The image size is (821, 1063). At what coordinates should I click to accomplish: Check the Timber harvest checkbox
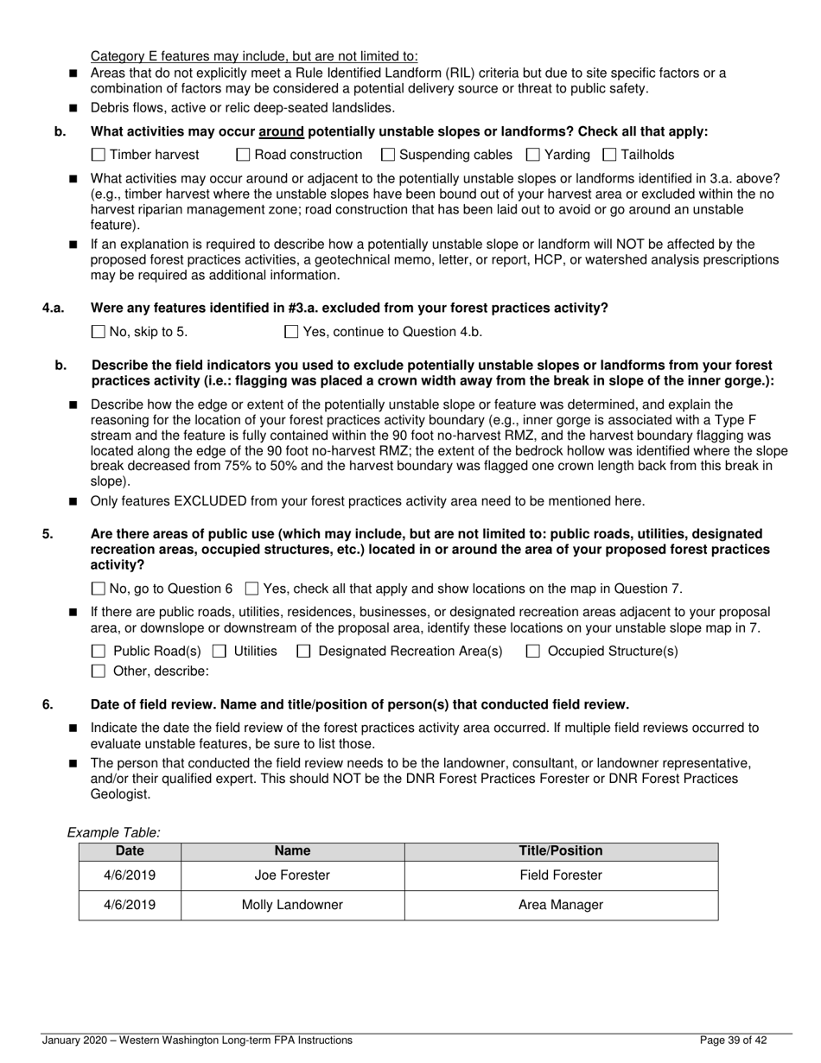coord(98,155)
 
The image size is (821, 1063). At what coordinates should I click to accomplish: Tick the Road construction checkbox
coord(243,155)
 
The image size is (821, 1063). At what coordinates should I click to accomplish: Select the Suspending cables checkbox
coord(388,155)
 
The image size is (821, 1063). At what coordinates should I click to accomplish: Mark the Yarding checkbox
coord(533,155)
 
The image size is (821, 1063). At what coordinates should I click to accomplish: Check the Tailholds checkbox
coord(609,155)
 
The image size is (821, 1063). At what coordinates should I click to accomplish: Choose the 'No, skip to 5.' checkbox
coord(98,332)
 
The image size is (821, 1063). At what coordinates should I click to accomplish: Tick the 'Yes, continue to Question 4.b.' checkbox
coord(291,332)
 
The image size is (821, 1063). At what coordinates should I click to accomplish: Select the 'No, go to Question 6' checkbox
coord(98,589)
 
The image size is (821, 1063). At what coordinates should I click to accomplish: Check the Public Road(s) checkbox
coord(99,652)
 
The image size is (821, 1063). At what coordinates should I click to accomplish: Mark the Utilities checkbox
coord(220,652)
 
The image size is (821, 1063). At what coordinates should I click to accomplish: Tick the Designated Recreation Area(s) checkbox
coord(303,652)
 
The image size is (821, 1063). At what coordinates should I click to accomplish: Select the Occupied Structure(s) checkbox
coord(533,652)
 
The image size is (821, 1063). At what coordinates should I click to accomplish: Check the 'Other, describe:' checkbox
coord(99,672)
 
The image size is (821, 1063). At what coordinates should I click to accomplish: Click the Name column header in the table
coord(292,851)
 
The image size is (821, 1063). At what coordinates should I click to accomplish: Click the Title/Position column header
coord(560,851)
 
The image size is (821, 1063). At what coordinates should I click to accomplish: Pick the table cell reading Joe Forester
coord(292,875)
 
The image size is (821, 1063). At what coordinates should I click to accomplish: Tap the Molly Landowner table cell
coord(292,906)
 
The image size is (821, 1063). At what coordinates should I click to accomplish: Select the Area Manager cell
coord(560,906)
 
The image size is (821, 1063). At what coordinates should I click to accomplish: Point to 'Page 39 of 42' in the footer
coord(734,1041)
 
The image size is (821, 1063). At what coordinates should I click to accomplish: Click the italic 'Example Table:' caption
coord(114,833)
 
